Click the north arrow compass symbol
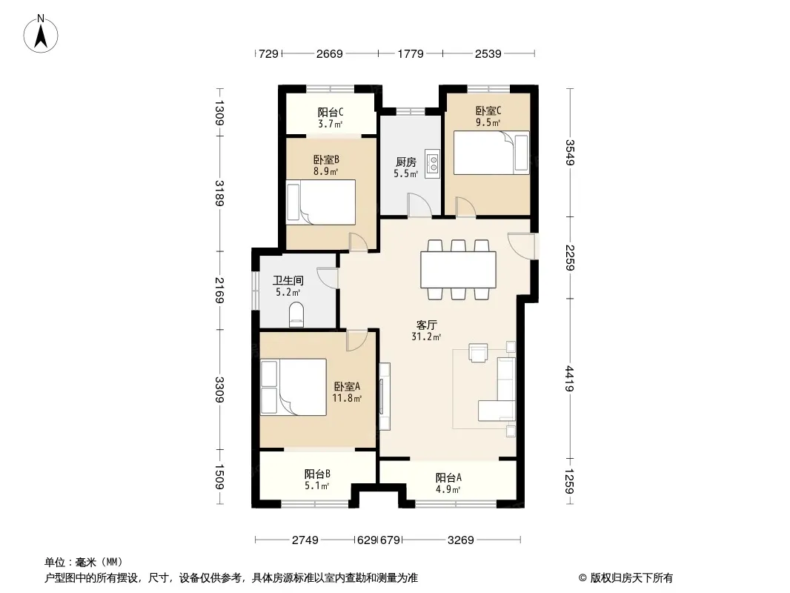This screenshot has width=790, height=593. [41, 34]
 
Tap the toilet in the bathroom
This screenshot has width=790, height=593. [296, 314]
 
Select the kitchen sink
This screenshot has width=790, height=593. [432, 164]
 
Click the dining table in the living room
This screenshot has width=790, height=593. [459, 270]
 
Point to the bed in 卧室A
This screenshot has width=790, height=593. [293, 387]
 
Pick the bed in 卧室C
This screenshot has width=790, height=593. [492, 153]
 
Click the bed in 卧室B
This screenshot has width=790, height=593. [321, 202]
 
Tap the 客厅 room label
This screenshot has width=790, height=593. [426, 325]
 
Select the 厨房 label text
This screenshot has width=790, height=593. [406, 162]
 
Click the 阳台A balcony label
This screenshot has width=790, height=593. [448, 477]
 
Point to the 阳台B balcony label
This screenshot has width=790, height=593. [317, 474]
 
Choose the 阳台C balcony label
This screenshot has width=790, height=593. [331, 112]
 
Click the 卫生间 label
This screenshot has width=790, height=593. [288, 280]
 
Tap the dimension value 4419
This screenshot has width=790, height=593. [569, 378]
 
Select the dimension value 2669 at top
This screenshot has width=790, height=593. [330, 53]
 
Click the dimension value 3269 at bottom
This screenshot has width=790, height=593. [460, 540]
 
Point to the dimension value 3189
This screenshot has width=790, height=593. [219, 193]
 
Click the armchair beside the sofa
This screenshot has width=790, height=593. [478, 352]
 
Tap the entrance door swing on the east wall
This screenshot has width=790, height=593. [521, 246]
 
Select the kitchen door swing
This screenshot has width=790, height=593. [419, 205]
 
